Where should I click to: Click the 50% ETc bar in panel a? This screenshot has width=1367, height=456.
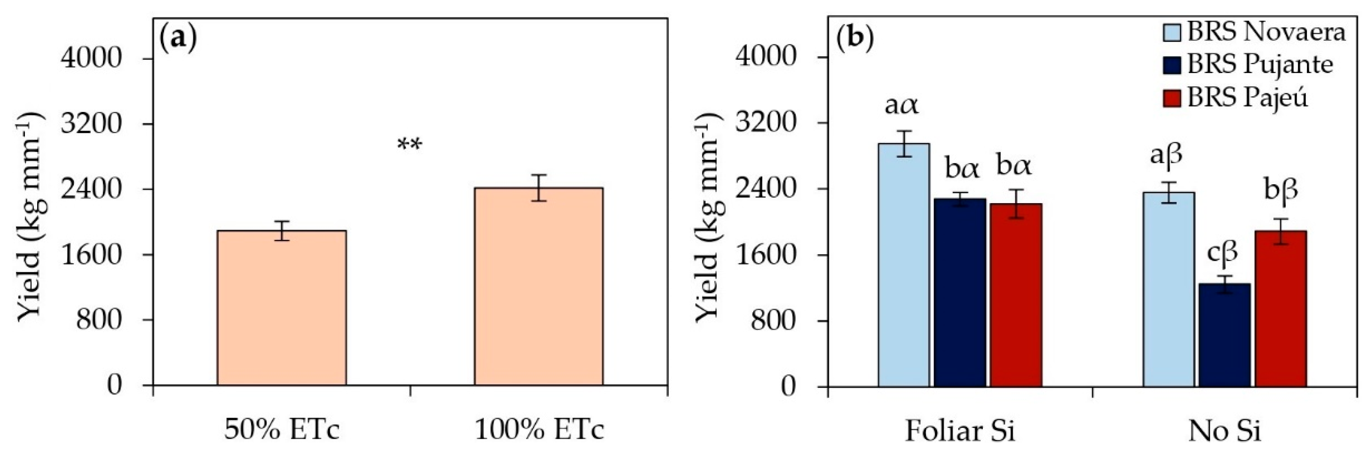point(281,308)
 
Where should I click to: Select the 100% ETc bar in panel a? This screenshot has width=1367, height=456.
point(538,287)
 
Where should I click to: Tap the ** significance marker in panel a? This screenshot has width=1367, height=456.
point(410,144)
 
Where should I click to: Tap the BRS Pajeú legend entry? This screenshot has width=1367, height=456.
point(1245,98)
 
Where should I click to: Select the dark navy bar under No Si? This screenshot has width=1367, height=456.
point(1224,334)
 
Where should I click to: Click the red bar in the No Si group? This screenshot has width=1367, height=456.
point(1280,308)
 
